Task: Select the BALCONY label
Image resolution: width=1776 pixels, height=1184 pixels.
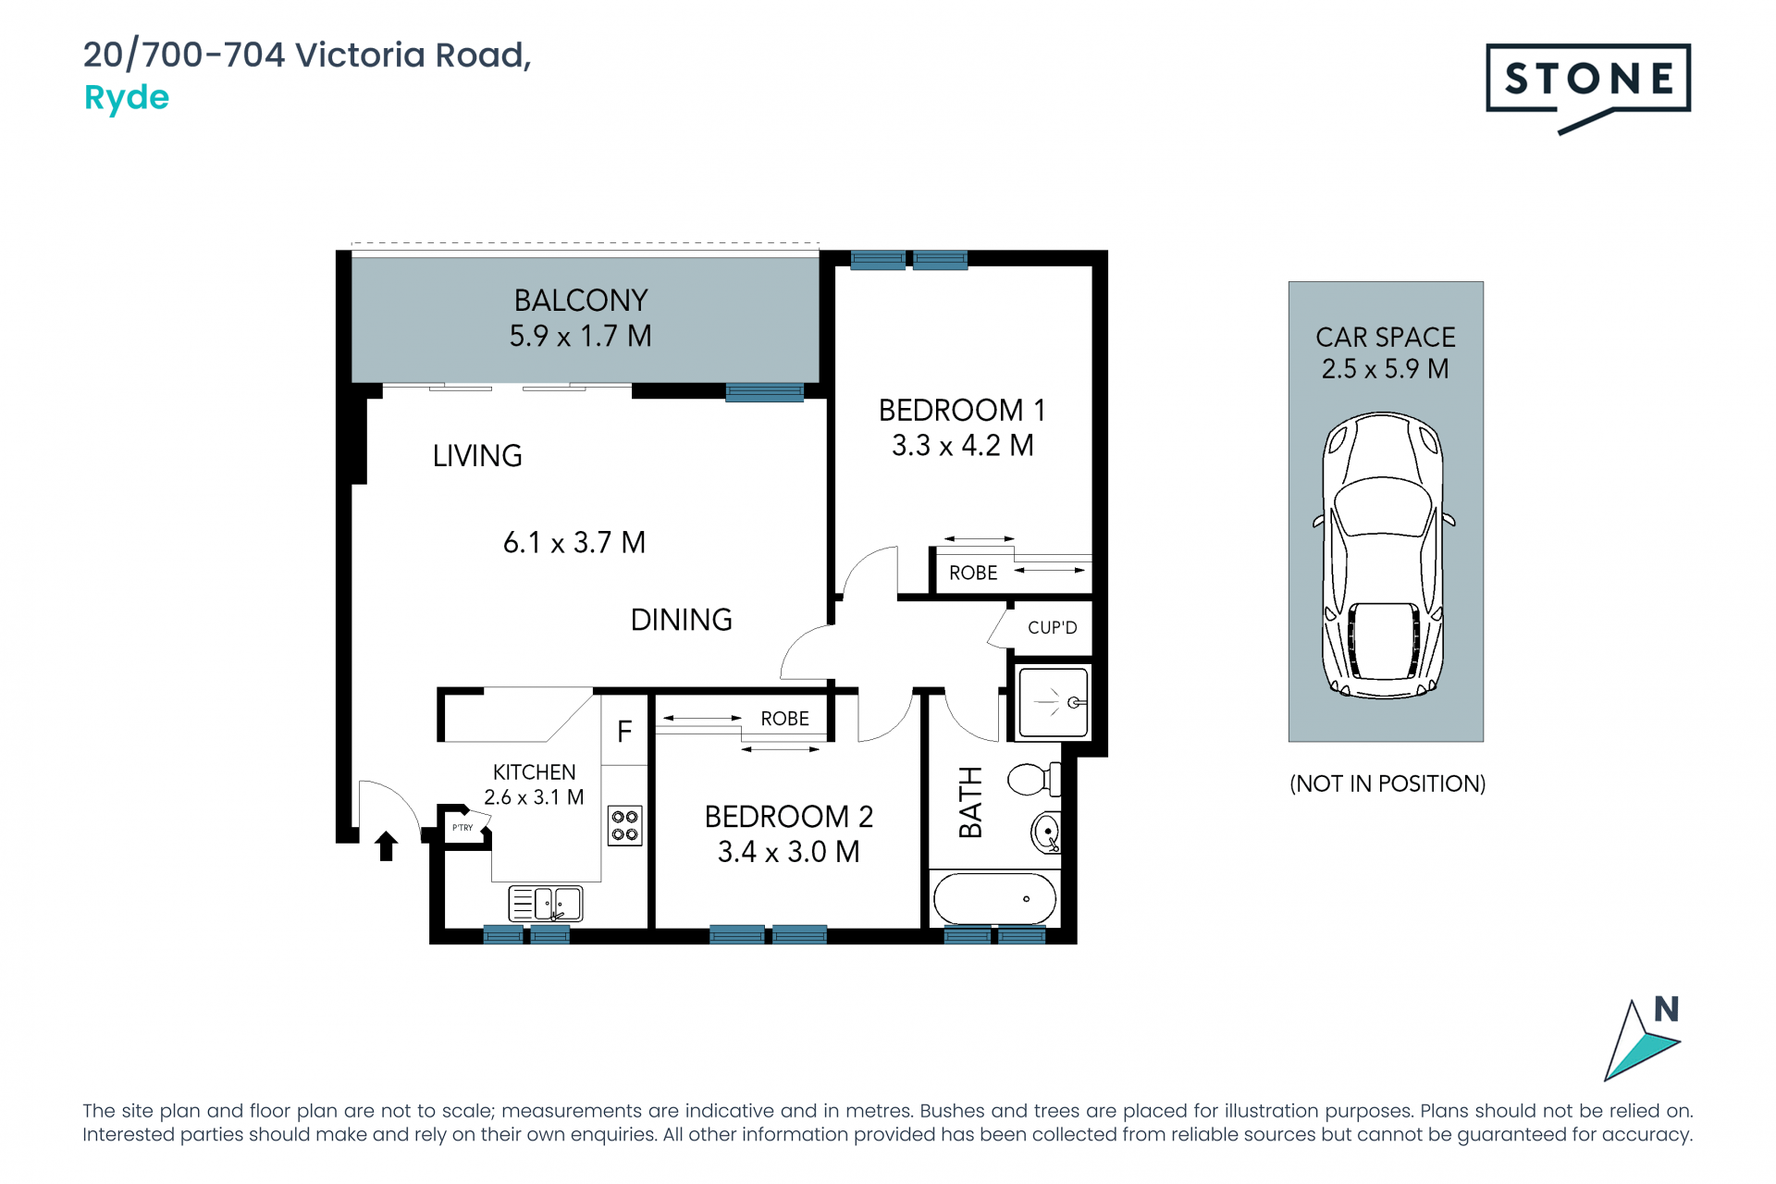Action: tap(581, 301)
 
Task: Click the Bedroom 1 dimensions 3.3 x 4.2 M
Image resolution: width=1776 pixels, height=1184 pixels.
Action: tap(962, 446)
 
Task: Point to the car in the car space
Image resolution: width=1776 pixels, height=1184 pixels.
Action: tap(1384, 555)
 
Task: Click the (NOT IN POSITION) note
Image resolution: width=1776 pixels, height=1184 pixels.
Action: tap(1387, 783)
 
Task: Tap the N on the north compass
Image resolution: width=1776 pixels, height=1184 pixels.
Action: tap(1666, 1009)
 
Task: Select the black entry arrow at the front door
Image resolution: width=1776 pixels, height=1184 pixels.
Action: tap(387, 845)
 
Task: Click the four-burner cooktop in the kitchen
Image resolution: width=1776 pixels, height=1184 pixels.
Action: tap(625, 826)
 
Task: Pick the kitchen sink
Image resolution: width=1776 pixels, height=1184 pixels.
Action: tap(546, 904)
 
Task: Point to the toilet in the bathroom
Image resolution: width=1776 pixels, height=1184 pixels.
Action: tap(1033, 779)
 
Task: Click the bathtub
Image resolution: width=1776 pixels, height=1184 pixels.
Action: tap(994, 898)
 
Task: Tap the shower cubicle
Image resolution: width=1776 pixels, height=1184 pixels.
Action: tap(1054, 702)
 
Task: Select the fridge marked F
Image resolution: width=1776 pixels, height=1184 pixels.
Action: tap(624, 730)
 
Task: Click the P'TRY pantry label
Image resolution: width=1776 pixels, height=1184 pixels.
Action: tap(462, 828)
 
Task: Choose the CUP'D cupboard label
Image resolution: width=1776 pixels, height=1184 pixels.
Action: tap(1053, 628)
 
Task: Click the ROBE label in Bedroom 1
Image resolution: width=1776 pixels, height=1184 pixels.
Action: tap(973, 573)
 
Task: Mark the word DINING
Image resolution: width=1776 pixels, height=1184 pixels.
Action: tap(682, 620)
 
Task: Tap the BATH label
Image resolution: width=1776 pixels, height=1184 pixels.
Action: tap(970, 802)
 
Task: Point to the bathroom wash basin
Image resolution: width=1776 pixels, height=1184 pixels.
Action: tap(1046, 832)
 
